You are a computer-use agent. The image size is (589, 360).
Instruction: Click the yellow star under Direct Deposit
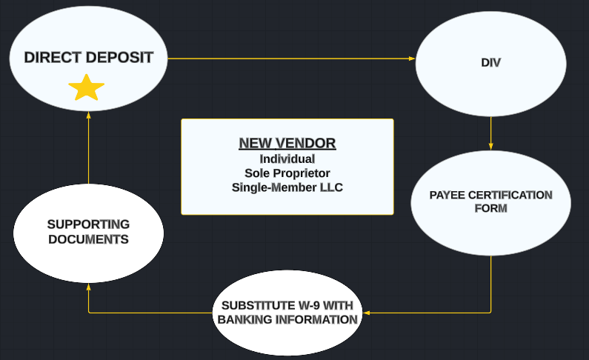(x=87, y=88)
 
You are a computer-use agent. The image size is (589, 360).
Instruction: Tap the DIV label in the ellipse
(x=490, y=63)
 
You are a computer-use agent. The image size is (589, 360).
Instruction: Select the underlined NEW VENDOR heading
(x=287, y=144)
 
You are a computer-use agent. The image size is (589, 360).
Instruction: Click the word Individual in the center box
(x=287, y=159)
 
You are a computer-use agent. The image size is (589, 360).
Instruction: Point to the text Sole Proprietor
(x=287, y=173)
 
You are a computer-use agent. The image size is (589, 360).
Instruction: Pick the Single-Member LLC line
(x=287, y=187)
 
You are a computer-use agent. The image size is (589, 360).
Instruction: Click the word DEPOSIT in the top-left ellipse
(x=119, y=58)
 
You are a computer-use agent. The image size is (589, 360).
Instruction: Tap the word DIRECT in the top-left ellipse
(x=53, y=58)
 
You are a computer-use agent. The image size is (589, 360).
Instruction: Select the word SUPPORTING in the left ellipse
(x=89, y=224)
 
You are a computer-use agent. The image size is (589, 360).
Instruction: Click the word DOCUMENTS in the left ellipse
(x=89, y=239)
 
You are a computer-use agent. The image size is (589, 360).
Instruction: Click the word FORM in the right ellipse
(x=490, y=208)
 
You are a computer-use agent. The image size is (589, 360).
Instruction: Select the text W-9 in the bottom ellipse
(x=309, y=306)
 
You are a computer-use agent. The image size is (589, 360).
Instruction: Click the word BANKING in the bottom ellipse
(x=244, y=320)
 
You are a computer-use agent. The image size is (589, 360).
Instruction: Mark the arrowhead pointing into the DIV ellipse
(x=412, y=59)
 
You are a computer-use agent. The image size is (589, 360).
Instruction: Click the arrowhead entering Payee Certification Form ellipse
(x=491, y=147)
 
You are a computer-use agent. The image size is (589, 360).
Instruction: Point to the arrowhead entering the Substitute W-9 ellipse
(x=367, y=313)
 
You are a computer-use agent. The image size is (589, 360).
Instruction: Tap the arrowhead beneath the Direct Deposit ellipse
(x=89, y=116)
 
